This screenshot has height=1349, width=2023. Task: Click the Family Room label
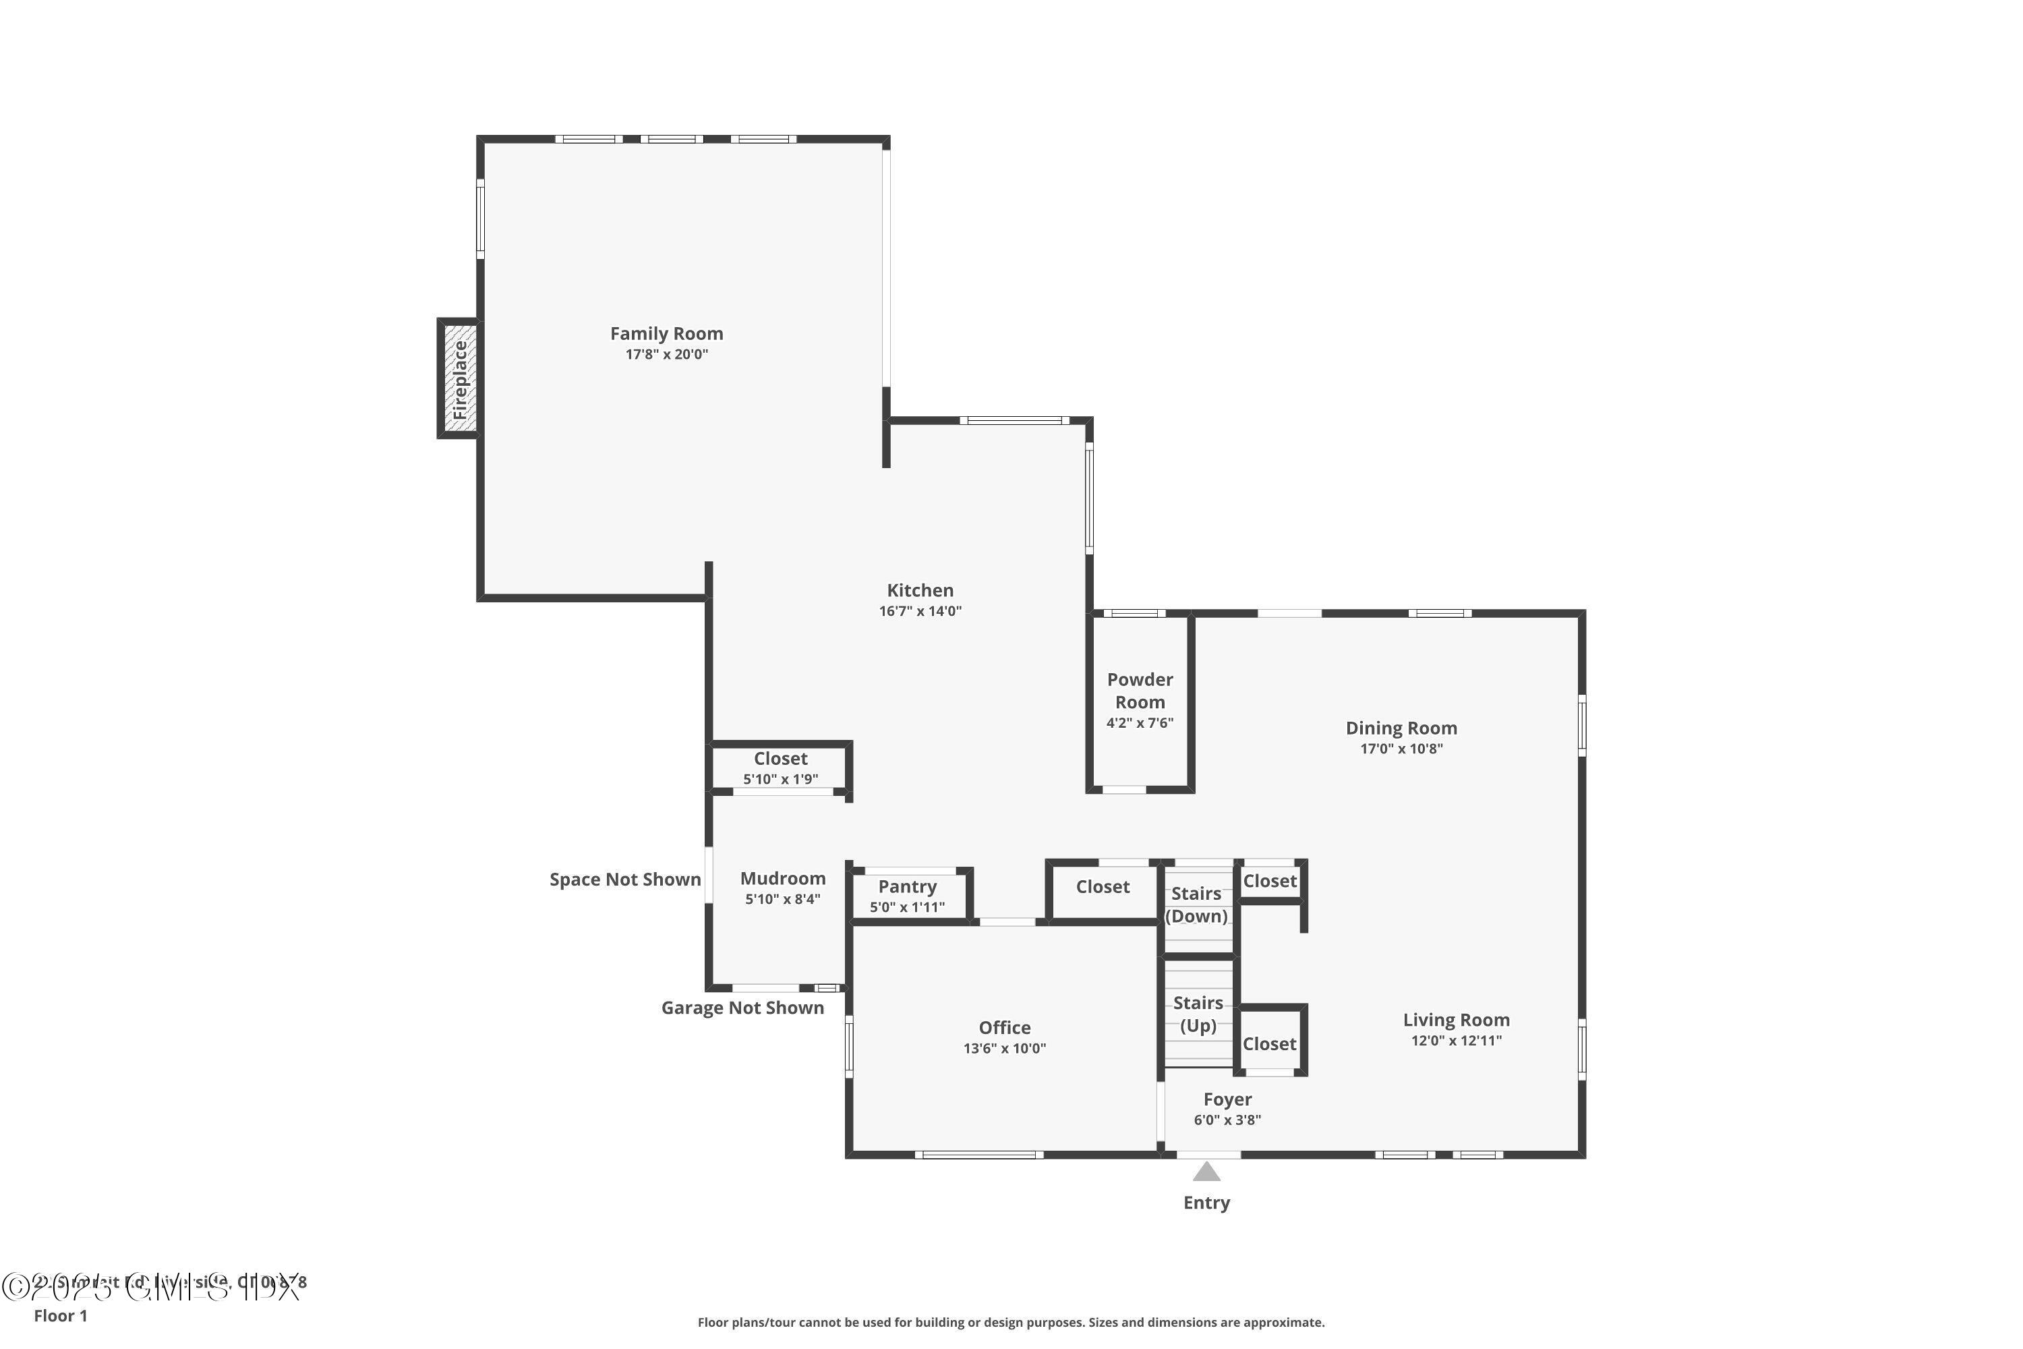(x=667, y=334)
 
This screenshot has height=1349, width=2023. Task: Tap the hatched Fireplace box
(x=459, y=378)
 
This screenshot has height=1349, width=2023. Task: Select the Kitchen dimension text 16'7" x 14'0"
(x=920, y=612)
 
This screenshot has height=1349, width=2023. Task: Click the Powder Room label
(x=1140, y=691)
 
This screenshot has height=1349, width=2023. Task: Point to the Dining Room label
(x=1401, y=728)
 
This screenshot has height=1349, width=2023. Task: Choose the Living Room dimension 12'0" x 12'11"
(x=1455, y=1041)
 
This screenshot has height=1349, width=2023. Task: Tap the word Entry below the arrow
(x=1206, y=1203)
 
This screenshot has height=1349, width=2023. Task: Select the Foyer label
(x=1227, y=1099)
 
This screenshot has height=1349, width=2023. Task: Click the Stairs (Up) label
(x=1198, y=1014)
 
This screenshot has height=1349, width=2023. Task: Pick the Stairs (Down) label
(x=1196, y=905)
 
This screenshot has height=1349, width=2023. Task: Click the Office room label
(x=1004, y=1028)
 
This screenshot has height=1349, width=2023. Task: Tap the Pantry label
(x=906, y=887)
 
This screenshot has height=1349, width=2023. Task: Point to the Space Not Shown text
(x=624, y=880)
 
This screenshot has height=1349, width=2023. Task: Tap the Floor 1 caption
(x=60, y=1315)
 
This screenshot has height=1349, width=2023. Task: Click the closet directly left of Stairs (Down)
(x=1102, y=887)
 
